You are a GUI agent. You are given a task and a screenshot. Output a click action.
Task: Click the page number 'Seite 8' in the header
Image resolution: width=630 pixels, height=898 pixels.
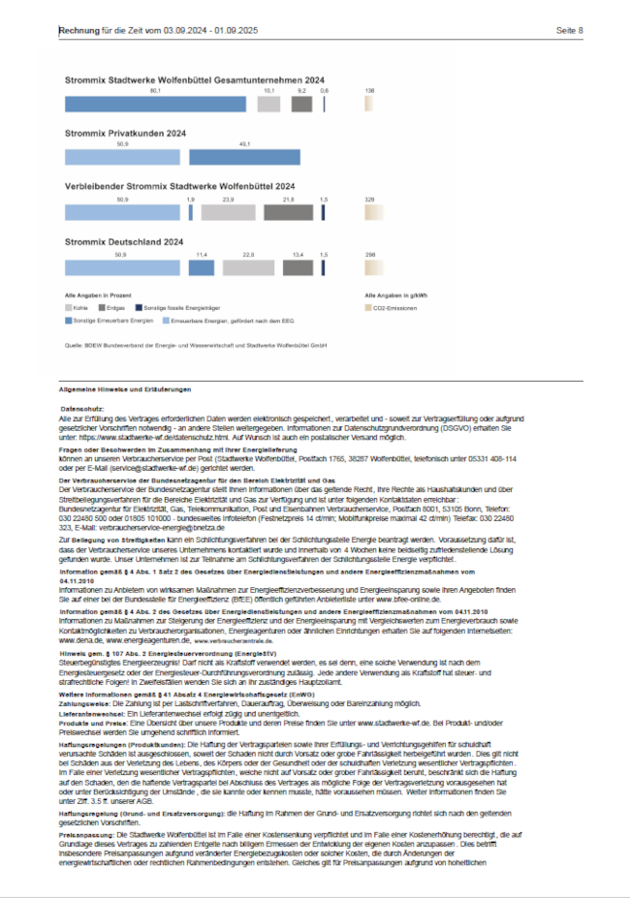tap(569, 30)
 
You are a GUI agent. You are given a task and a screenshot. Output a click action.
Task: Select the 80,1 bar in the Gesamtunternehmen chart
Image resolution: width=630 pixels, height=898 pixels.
tap(155, 103)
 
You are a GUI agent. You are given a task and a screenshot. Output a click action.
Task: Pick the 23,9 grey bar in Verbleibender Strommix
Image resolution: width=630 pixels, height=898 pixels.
tap(229, 211)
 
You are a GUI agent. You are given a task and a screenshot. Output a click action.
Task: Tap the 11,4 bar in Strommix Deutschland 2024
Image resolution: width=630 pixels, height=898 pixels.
tap(203, 266)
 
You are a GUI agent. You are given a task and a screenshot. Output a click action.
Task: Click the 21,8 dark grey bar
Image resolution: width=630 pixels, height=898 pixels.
tap(288, 211)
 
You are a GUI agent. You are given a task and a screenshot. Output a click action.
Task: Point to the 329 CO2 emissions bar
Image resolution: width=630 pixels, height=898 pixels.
tap(374, 211)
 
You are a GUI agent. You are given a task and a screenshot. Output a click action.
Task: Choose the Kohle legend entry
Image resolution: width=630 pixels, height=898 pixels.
tap(78, 306)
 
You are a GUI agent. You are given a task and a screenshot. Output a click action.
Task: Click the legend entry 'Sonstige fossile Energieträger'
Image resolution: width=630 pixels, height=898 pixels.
tap(155, 306)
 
